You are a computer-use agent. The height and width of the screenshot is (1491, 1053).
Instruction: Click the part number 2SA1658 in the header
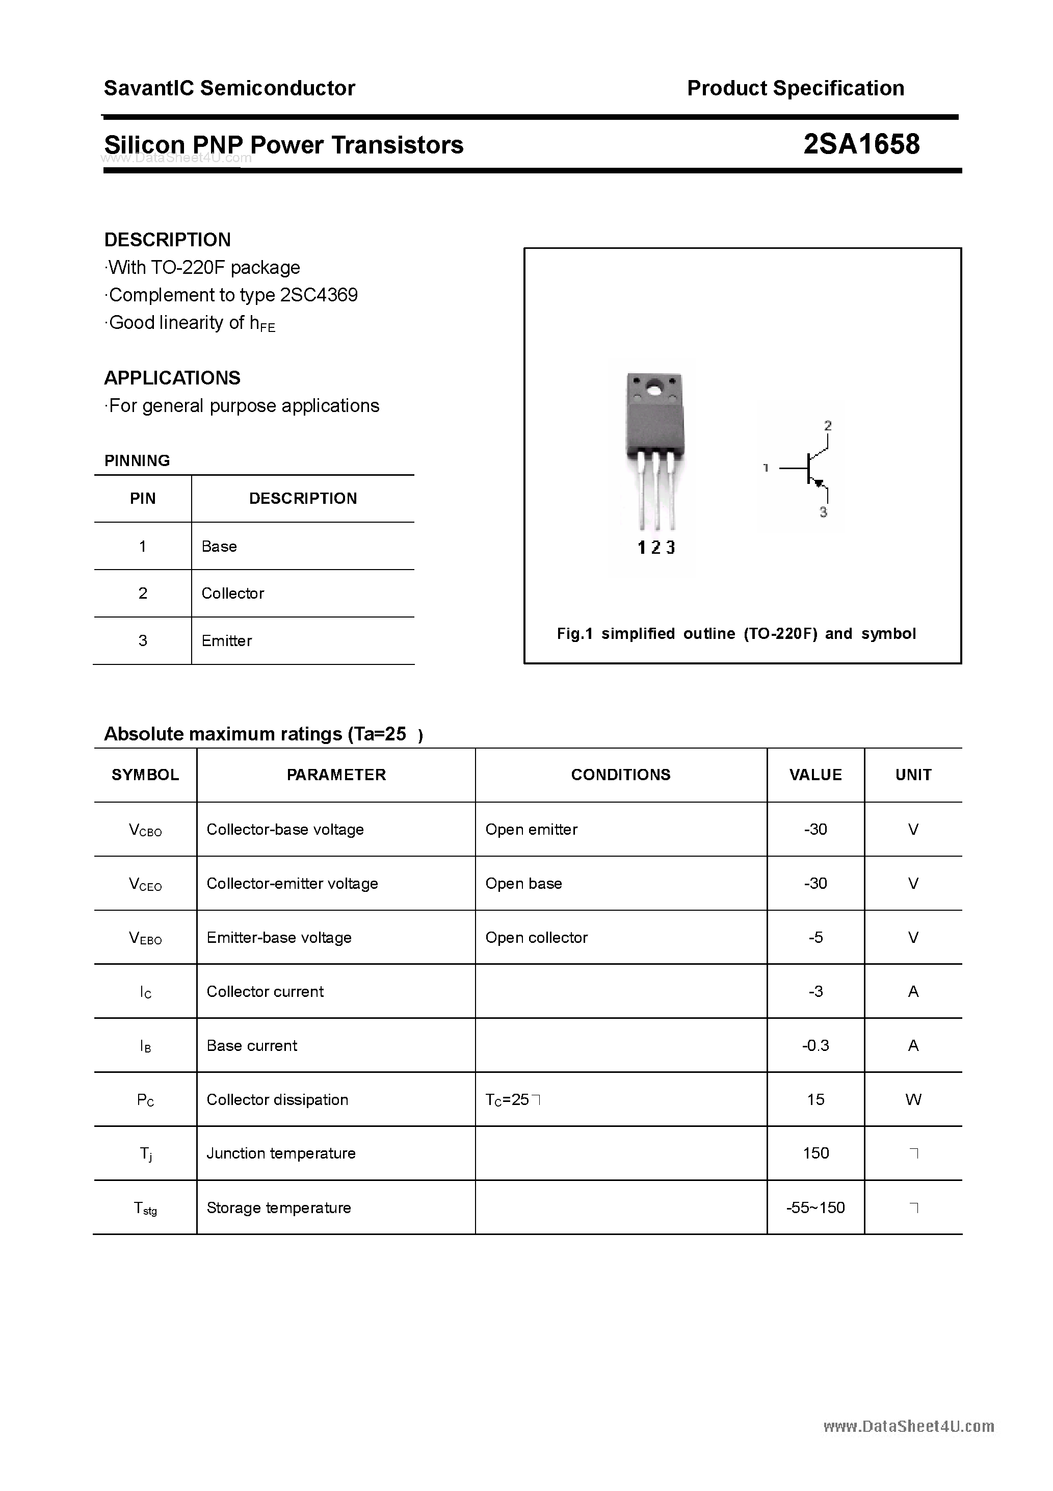861,144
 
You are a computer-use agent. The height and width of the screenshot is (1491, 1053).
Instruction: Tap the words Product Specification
795,88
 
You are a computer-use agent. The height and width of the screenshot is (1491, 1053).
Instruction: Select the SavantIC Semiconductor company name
229,88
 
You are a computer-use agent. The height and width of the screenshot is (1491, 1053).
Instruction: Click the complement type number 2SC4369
319,295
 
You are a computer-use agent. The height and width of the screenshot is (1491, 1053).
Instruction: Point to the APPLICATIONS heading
172,378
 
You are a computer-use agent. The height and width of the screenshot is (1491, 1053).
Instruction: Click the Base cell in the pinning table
220,546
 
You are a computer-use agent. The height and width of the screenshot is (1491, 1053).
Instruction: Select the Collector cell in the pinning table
232,593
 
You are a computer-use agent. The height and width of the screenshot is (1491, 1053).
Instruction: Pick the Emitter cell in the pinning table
227,641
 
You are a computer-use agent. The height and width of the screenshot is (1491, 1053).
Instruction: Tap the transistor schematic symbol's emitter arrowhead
819,483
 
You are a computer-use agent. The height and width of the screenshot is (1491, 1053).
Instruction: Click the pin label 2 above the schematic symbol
828,426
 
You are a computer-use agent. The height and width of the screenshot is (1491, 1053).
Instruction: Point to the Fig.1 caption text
736,634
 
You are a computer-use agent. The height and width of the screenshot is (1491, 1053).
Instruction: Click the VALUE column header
815,775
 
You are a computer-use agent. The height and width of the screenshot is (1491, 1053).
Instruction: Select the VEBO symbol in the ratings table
145,938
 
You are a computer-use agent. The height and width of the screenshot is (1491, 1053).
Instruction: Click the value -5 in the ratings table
815,937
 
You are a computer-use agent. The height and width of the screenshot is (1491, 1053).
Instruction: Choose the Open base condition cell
523,883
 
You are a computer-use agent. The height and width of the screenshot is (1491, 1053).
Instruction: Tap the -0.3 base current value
815,1045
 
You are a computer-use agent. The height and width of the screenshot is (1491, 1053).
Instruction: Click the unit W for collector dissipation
913,1099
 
